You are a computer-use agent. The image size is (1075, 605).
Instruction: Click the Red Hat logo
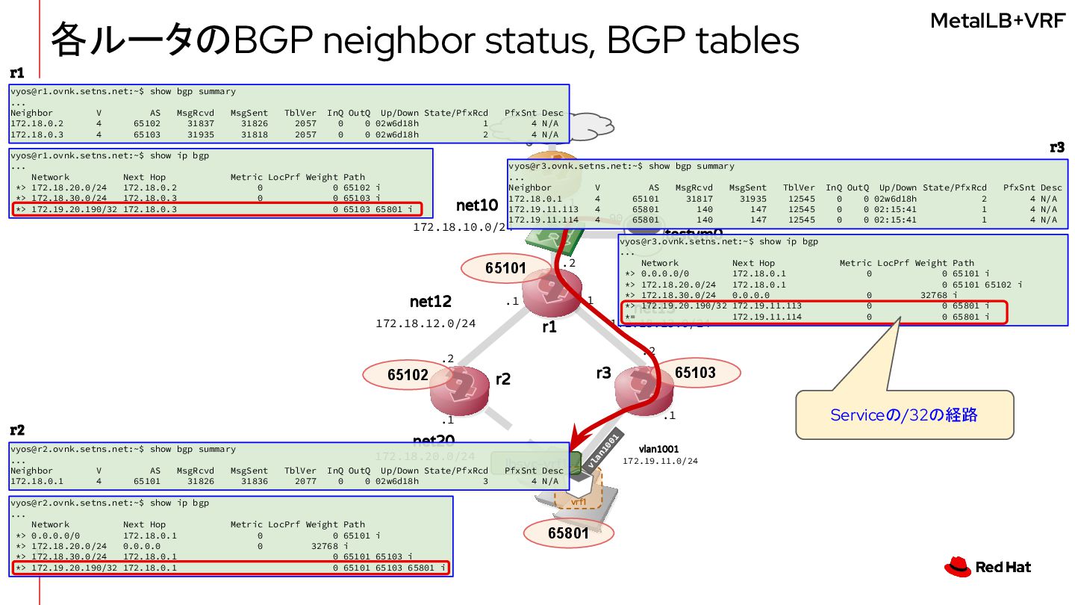988,568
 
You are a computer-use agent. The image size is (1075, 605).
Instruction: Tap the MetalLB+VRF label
997,21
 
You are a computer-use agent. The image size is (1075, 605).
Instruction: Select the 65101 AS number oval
506,268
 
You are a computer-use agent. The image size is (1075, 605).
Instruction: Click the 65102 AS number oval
408,375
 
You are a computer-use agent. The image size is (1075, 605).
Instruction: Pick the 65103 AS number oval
695,372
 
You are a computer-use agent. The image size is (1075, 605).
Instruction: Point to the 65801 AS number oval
568,533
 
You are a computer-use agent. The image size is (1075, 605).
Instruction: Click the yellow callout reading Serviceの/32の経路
904,415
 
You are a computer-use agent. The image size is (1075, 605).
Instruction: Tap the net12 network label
431,302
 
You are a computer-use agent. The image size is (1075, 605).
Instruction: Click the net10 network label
476,205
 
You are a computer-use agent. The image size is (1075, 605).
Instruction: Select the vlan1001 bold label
658,449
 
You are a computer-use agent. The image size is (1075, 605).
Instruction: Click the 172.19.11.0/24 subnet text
660,461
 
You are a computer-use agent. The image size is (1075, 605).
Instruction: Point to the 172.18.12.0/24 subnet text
426,323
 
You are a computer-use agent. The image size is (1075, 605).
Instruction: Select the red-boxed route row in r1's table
217,209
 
